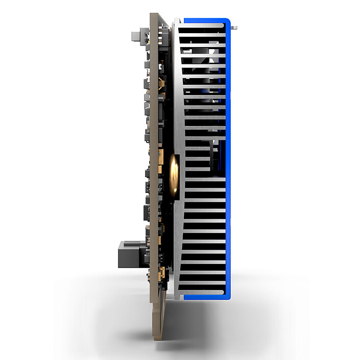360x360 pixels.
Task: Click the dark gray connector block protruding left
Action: click(129, 253)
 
